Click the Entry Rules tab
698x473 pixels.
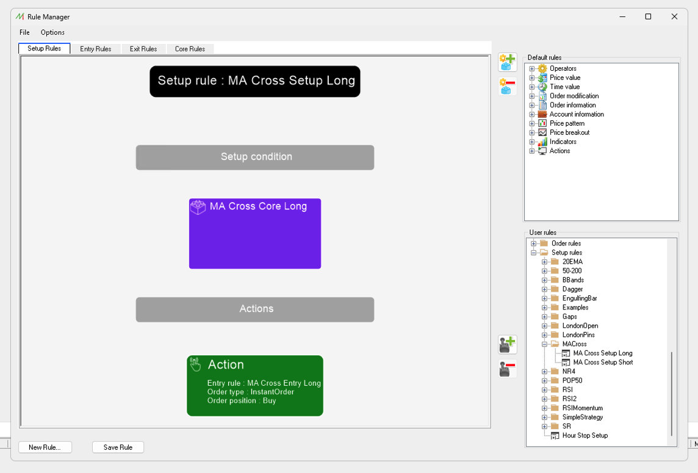point(96,49)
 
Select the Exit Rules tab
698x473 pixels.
point(143,49)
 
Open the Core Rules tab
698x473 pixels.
point(190,49)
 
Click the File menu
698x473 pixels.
point(24,32)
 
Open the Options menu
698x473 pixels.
point(52,32)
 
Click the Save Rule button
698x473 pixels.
point(118,447)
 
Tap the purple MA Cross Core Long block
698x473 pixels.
point(255,233)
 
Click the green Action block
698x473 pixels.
point(255,386)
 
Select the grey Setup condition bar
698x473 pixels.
point(255,157)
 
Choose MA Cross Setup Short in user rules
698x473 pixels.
point(603,363)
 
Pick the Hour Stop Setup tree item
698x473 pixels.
point(585,436)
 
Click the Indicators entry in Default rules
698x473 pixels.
point(563,142)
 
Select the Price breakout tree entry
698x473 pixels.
point(569,132)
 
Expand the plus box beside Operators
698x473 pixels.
point(531,68)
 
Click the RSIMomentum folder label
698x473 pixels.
point(582,408)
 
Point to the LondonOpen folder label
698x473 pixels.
point(580,325)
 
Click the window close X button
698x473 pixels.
point(674,16)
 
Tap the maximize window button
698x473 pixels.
point(648,16)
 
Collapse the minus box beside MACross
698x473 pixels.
point(544,344)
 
